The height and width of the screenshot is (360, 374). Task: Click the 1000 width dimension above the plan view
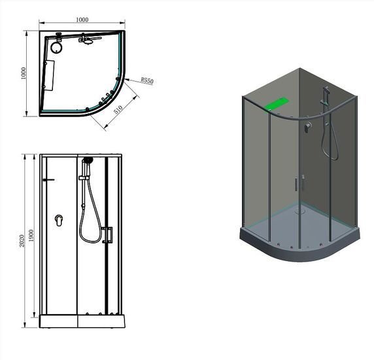tap(82, 20)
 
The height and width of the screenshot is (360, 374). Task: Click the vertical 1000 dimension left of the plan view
tap(24, 73)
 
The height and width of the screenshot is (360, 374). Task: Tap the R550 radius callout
tap(147, 81)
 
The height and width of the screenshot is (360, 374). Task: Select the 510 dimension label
tap(118, 109)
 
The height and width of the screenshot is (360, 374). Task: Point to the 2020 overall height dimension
tap(22, 241)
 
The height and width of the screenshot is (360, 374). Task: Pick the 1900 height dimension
tap(31, 236)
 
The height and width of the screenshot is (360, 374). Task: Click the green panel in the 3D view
tap(276, 104)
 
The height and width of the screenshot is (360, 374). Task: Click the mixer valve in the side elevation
tap(59, 221)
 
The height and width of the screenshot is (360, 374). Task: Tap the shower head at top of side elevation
tap(88, 160)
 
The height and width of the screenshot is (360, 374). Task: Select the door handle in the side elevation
tap(108, 235)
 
